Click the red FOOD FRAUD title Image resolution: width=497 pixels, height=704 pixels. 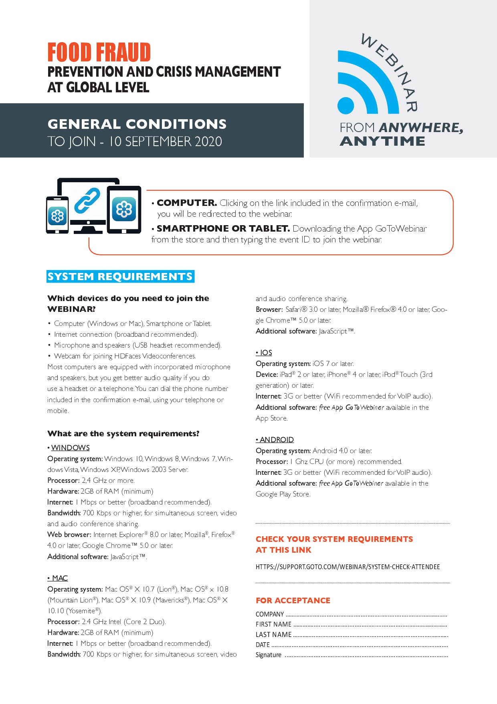click(x=99, y=53)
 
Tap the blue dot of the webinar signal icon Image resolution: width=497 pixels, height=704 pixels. click(x=346, y=106)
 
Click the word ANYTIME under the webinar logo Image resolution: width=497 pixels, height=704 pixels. click(x=382, y=141)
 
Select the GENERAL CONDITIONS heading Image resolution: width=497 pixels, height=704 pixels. click(x=137, y=124)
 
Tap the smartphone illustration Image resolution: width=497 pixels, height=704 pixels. click(x=57, y=215)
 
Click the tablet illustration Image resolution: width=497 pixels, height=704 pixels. click(x=124, y=209)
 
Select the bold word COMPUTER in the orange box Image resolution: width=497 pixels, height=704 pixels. click(x=187, y=203)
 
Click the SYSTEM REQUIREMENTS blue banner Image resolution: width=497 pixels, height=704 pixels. click(x=120, y=277)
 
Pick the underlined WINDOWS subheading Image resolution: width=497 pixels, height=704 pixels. click(x=70, y=448)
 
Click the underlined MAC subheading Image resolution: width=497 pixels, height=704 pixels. click(x=60, y=578)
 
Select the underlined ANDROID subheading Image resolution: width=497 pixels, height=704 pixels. click(x=277, y=439)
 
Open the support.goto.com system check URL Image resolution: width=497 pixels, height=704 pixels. click(x=347, y=567)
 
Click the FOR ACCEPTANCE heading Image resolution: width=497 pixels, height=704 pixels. click(x=293, y=600)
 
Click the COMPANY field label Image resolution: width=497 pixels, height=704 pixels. click(x=270, y=614)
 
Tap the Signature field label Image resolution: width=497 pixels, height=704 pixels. click(x=269, y=655)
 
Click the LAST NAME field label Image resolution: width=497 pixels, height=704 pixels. click(x=273, y=635)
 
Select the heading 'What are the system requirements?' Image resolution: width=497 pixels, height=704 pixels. click(x=123, y=433)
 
